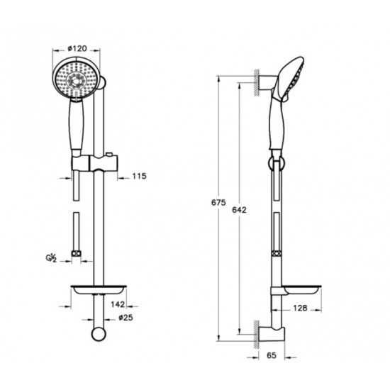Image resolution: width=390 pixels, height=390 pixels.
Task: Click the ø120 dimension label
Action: click(77, 48)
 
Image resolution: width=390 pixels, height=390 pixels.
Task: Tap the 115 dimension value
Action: click(139, 176)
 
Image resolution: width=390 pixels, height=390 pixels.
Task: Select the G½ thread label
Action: click(51, 258)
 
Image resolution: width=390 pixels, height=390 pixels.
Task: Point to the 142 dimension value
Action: click(118, 304)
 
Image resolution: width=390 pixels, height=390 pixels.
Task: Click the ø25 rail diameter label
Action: click(126, 318)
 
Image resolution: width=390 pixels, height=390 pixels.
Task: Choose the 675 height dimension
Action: click(218, 203)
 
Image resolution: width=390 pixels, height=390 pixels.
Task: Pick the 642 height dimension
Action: click(239, 210)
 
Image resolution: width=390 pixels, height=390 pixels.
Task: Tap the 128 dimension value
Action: click(300, 308)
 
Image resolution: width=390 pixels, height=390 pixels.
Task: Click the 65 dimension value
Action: click(272, 355)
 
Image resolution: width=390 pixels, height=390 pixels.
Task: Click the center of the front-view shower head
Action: click(76, 80)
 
